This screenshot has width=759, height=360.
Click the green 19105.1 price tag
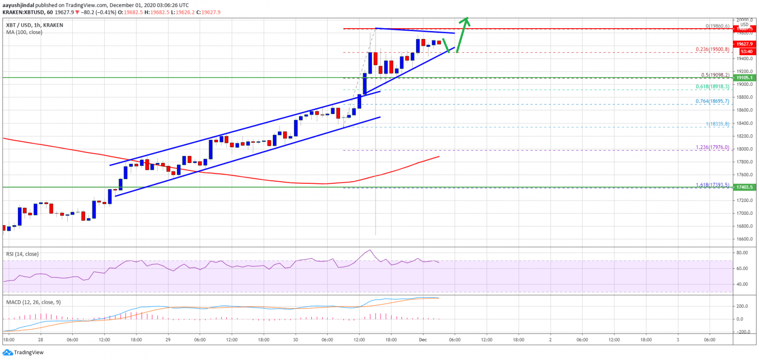pyautogui.click(x=744, y=78)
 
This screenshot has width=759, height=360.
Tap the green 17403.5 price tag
pyautogui.click(x=744, y=188)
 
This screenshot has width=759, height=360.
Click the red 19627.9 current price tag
pyautogui.click(x=744, y=44)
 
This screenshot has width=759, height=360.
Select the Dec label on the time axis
pyautogui.click(x=423, y=340)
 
